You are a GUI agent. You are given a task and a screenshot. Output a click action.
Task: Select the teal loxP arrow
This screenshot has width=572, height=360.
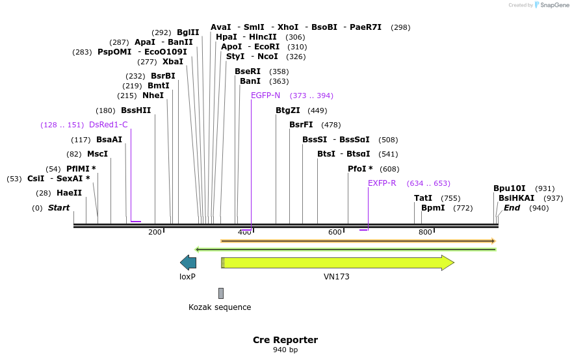(188, 263)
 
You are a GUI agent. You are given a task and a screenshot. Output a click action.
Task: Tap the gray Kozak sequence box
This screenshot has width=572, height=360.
(221, 293)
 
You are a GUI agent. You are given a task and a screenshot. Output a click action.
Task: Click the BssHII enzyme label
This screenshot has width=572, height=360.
(136, 110)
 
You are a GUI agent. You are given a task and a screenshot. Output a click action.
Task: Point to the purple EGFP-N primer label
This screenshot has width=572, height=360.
(265, 96)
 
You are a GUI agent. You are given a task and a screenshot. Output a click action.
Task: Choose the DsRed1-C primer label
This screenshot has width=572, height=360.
(108, 125)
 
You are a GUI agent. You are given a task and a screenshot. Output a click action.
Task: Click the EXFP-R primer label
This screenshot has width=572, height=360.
(382, 183)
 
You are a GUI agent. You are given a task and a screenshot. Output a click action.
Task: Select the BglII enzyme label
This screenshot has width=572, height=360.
(188, 32)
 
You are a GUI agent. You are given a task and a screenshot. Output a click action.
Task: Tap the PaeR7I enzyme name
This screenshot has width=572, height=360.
(365, 27)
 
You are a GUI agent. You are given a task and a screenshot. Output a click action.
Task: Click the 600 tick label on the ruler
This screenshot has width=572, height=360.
(335, 233)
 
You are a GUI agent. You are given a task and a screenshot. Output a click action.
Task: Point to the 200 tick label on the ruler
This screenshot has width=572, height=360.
(155, 233)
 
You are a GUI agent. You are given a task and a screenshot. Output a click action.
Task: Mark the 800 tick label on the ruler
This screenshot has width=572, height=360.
(425, 233)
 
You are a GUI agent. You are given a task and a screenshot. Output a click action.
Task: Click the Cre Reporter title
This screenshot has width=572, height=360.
(285, 340)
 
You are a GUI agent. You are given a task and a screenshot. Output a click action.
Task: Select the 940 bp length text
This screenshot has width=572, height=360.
(285, 350)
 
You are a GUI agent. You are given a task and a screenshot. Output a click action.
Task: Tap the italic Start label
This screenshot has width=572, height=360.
(58, 208)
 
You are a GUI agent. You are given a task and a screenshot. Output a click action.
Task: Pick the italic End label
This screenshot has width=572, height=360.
(512, 208)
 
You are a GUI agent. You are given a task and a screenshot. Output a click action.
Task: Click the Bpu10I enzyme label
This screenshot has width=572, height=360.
(509, 188)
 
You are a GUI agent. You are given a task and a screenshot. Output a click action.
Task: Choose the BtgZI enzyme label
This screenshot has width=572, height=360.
(287, 110)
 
